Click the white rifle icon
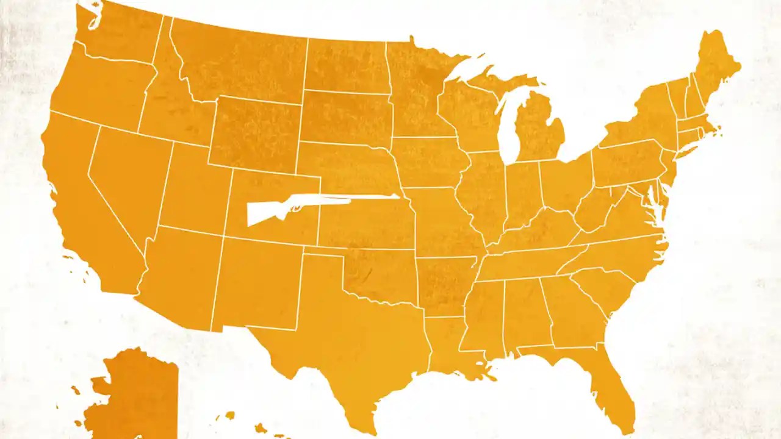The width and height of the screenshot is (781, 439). point(305,204)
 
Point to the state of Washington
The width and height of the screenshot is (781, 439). point(116,37)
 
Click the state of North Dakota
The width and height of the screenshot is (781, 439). point(345,64)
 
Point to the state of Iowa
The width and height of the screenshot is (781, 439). point(427,162)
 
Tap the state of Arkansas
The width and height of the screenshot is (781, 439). point(445,284)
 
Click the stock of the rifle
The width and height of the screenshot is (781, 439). point(259,213)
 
